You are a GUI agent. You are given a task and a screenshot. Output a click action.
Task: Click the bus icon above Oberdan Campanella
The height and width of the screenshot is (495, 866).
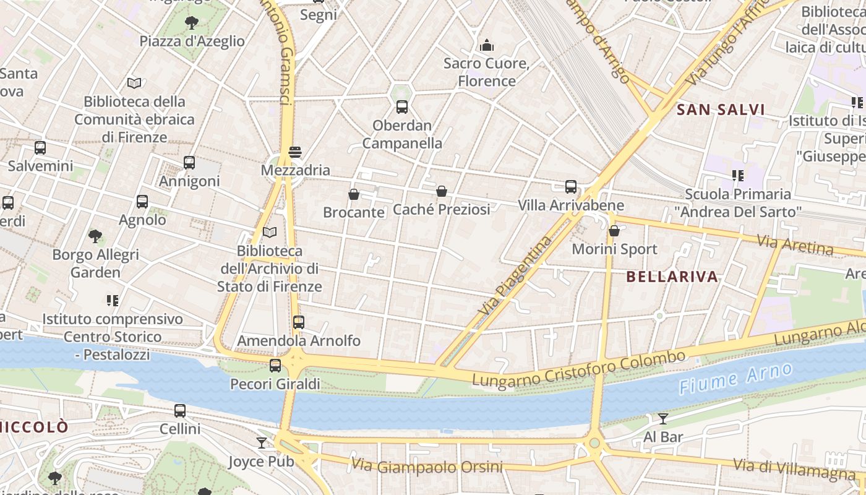click(x=402, y=106)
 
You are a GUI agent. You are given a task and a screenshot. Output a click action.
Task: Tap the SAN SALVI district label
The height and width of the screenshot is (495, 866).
click(x=721, y=110)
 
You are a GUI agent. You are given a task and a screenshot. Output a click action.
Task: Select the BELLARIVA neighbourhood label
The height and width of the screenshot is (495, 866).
click(x=672, y=277)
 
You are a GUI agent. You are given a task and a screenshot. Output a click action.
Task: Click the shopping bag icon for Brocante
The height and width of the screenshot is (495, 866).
click(x=354, y=194)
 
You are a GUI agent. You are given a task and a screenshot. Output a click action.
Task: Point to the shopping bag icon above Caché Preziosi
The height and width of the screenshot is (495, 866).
click(x=442, y=191)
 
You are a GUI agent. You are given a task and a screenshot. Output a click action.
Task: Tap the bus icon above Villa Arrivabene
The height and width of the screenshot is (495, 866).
click(x=571, y=186)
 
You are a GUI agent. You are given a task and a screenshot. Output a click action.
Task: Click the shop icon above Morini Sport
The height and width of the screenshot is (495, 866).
click(x=614, y=231)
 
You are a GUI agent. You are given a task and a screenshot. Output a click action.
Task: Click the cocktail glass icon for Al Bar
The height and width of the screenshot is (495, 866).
click(x=663, y=419)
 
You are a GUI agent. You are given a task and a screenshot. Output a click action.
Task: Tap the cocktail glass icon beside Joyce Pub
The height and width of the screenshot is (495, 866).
click(x=262, y=443)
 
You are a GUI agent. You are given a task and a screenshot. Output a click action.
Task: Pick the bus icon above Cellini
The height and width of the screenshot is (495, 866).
click(x=180, y=410)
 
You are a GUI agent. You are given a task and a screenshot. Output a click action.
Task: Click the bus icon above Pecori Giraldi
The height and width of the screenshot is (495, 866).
click(x=275, y=366)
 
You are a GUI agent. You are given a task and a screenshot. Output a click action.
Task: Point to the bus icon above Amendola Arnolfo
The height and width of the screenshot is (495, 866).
click(x=299, y=322)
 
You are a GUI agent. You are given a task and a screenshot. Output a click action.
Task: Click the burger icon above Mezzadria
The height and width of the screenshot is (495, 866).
click(x=295, y=152)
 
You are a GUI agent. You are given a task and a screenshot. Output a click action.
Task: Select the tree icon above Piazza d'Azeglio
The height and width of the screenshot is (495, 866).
click(x=192, y=23)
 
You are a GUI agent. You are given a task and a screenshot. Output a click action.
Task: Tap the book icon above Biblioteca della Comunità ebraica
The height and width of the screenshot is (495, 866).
click(x=134, y=83)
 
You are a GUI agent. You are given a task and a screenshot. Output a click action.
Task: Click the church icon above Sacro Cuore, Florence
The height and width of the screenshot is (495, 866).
click(x=487, y=45)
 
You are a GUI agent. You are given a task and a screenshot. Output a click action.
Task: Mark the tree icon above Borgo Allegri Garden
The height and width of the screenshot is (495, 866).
click(x=95, y=236)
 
